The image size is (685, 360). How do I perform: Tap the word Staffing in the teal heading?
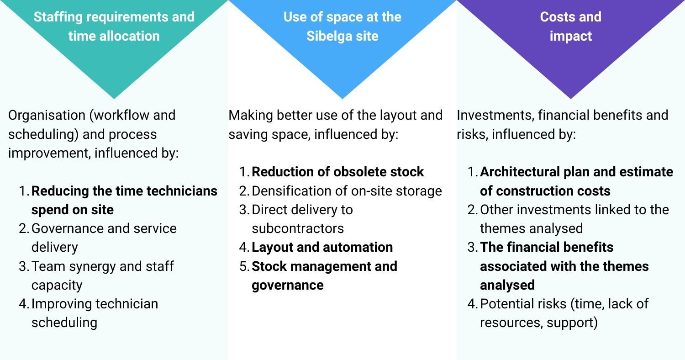click(x=58, y=17)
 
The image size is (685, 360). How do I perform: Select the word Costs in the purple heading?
click(x=555, y=17)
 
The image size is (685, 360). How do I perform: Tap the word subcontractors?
click(x=298, y=228)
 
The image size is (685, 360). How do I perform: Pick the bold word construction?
click(x=532, y=191)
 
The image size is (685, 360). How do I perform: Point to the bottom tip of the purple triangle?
click(x=571, y=99)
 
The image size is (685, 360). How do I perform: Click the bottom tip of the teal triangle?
click(x=114, y=99)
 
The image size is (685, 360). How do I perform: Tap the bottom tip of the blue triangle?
click(x=342, y=99)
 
